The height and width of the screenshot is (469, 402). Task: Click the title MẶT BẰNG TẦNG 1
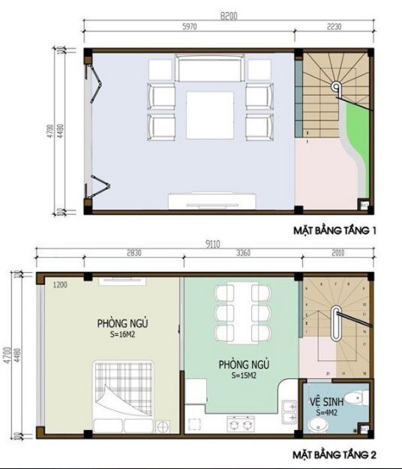tap(334, 231)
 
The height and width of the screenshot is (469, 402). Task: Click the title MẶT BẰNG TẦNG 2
tap(334, 454)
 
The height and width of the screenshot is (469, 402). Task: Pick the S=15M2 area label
tap(244, 375)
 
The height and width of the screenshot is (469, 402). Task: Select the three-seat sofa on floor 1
tap(209, 68)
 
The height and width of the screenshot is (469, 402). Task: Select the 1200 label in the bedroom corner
tap(61, 285)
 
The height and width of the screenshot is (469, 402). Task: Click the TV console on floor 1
tap(214, 200)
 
